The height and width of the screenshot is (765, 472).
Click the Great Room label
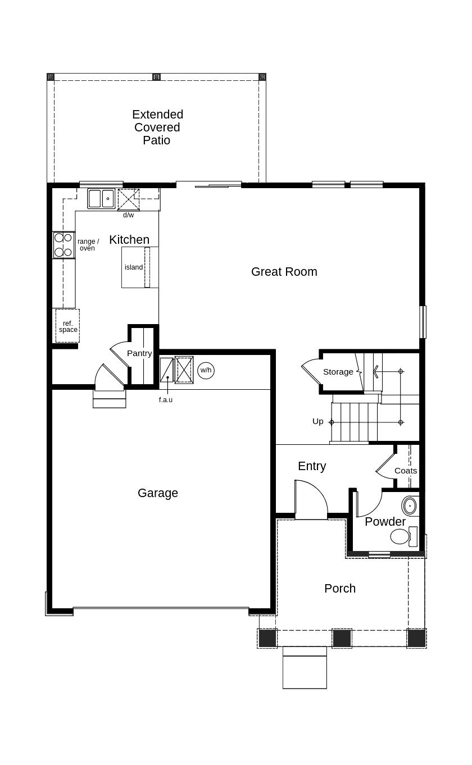click(284, 272)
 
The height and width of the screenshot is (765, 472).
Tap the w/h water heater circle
click(206, 370)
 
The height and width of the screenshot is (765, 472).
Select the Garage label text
click(158, 493)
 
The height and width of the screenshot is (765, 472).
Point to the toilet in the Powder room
click(401, 536)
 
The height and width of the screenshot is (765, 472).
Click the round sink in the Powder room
click(410, 506)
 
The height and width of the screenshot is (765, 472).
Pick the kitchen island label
click(134, 267)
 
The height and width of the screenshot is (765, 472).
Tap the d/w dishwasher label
click(129, 215)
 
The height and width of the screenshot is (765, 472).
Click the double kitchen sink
click(101, 198)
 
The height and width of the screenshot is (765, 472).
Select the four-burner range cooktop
click(63, 245)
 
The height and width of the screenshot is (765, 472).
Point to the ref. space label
click(68, 326)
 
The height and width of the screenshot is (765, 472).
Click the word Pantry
click(139, 353)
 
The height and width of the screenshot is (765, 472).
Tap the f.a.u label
click(166, 400)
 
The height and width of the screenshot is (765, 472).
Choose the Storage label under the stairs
click(338, 372)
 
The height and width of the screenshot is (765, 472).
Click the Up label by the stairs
click(318, 421)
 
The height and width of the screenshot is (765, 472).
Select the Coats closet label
click(406, 471)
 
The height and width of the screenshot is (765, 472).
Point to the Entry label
click(312, 466)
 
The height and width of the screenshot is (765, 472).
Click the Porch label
click(340, 589)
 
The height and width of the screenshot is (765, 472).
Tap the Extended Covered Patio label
click(157, 128)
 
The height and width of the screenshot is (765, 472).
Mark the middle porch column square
click(342, 638)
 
